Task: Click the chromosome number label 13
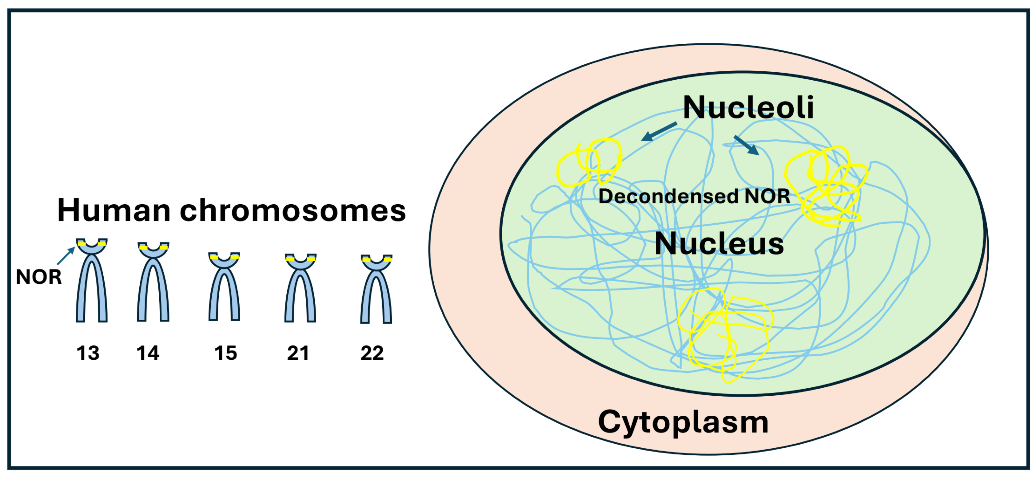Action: click(88, 353)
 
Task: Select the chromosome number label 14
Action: click(148, 353)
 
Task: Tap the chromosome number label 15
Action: click(225, 353)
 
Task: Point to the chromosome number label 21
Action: click(298, 353)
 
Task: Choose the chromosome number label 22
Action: click(372, 353)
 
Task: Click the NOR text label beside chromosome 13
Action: click(39, 277)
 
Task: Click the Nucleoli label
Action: click(748, 107)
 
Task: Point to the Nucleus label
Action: click(719, 244)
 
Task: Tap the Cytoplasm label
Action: click(683, 422)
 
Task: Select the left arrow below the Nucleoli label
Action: click(658, 132)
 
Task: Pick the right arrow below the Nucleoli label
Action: click(747, 145)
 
